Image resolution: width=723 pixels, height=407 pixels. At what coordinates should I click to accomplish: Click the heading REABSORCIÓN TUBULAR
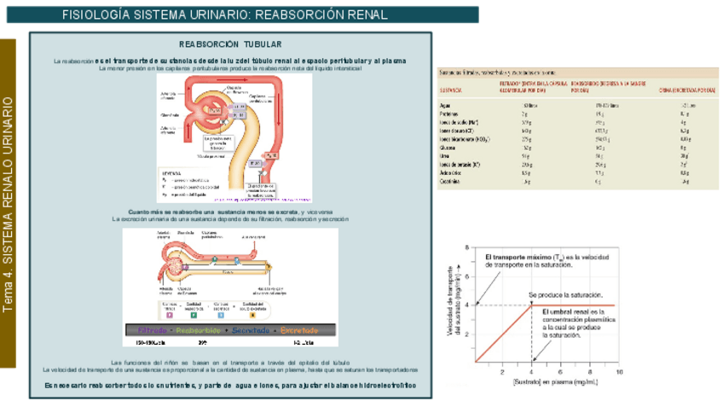(230, 44)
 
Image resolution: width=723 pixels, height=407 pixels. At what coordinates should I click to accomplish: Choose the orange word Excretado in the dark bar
(300, 329)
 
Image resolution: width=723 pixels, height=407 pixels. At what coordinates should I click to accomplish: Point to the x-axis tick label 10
(618, 372)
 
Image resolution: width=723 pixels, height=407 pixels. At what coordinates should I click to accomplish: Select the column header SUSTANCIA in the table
(452, 89)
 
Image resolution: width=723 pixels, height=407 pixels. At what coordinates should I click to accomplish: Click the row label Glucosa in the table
(449, 147)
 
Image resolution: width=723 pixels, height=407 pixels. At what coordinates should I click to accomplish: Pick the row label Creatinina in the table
(451, 181)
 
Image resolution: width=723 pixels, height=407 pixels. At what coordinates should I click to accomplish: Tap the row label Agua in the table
(444, 105)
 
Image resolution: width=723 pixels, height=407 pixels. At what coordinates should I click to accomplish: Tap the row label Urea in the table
(444, 155)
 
